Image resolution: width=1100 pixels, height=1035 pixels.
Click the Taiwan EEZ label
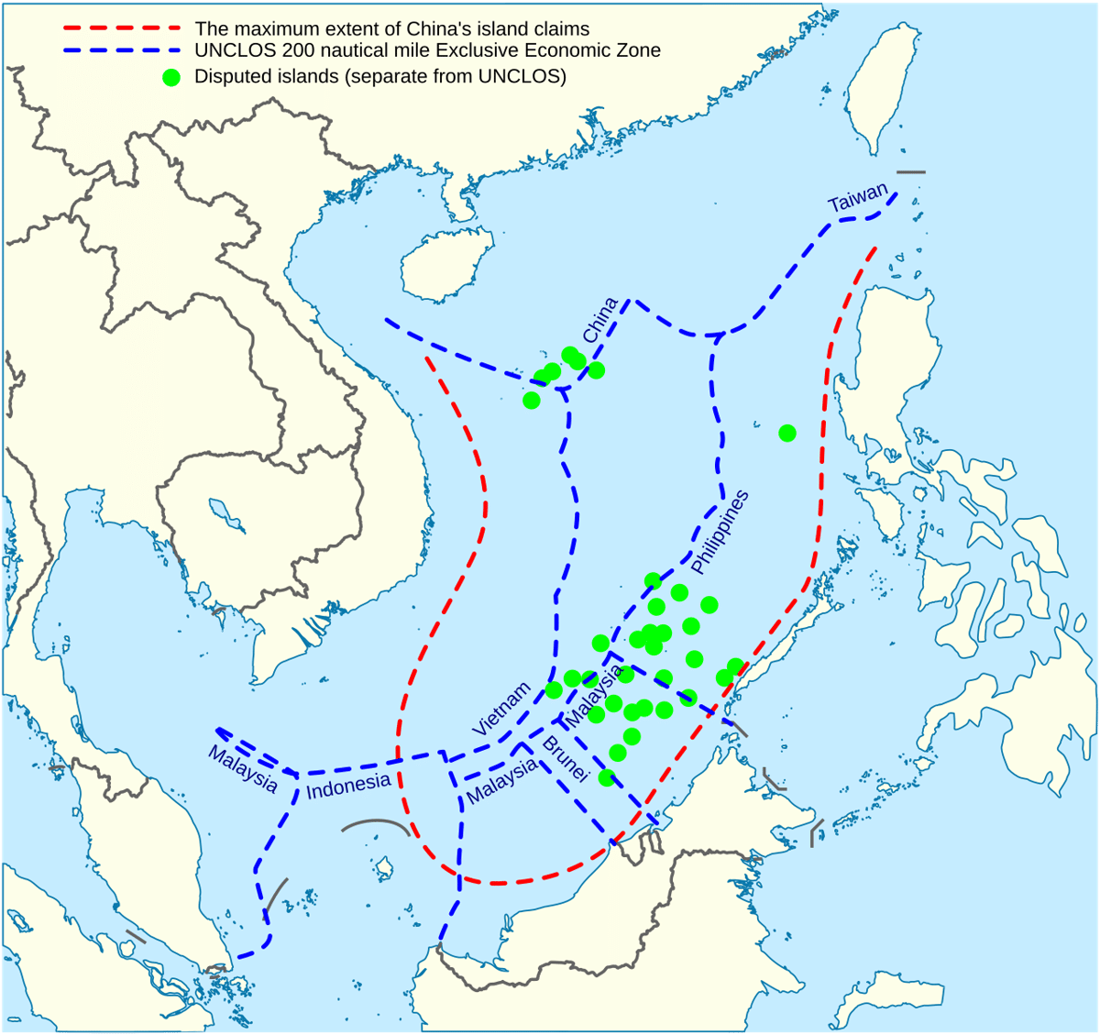(x=858, y=197)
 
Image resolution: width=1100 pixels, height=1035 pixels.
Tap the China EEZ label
(x=600, y=320)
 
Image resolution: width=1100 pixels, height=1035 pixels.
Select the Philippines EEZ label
(x=720, y=533)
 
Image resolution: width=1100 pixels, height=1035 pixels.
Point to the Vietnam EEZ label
(x=501, y=709)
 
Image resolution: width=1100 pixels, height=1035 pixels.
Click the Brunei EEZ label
(x=564, y=758)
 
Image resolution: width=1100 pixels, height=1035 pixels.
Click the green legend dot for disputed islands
(x=171, y=77)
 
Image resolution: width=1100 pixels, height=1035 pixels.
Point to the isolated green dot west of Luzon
(x=787, y=433)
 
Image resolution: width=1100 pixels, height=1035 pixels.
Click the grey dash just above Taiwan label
(x=911, y=172)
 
